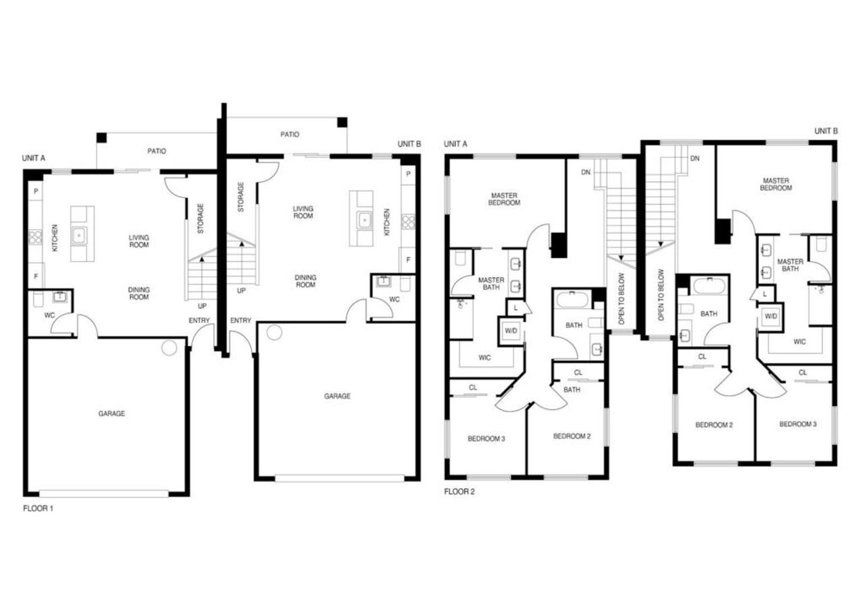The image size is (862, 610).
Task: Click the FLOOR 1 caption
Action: [38, 508]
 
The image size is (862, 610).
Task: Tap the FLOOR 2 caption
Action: [459, 492]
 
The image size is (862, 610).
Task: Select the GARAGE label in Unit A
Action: [111, 413]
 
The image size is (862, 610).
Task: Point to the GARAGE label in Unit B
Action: [337, 397]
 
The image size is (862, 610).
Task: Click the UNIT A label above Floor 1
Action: [34, 158]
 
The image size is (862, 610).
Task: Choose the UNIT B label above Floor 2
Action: [826, 131]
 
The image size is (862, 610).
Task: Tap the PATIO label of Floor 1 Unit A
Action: [156, 151]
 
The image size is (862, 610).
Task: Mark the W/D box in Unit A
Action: [511, 331]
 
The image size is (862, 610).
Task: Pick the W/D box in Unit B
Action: [770, 316]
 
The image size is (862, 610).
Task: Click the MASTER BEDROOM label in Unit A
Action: [505, 199]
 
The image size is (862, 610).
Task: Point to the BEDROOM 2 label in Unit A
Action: [572, 436]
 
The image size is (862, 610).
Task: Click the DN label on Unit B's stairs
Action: [694, 158]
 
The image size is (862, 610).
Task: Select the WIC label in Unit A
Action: [484, 358]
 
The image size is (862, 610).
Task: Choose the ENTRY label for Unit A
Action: [199, 320]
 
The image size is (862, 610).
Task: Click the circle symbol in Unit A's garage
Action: [169, 347]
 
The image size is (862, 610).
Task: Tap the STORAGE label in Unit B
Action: [240, 197]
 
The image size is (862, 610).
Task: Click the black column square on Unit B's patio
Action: [342, 123]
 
